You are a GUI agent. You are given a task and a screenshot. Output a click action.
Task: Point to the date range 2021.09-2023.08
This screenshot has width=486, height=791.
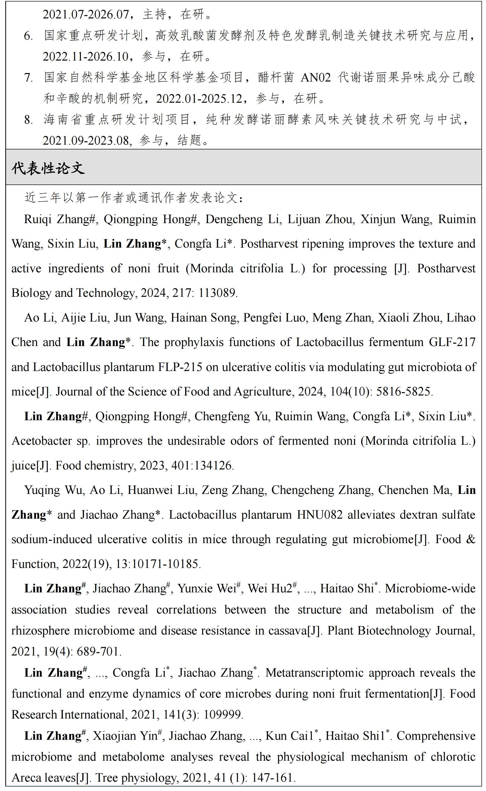click(86, 141)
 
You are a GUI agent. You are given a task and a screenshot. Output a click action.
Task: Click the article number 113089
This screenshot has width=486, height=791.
click(218, 293)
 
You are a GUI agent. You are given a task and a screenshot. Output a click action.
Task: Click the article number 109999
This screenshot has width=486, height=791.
click(223, 715)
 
